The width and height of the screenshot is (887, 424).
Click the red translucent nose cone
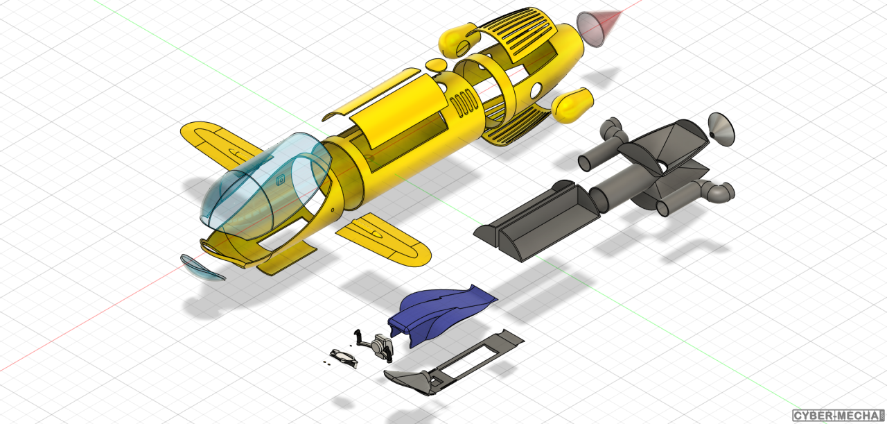tap(597, 28)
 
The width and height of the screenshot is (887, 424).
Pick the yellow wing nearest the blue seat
tap(384, 240)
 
